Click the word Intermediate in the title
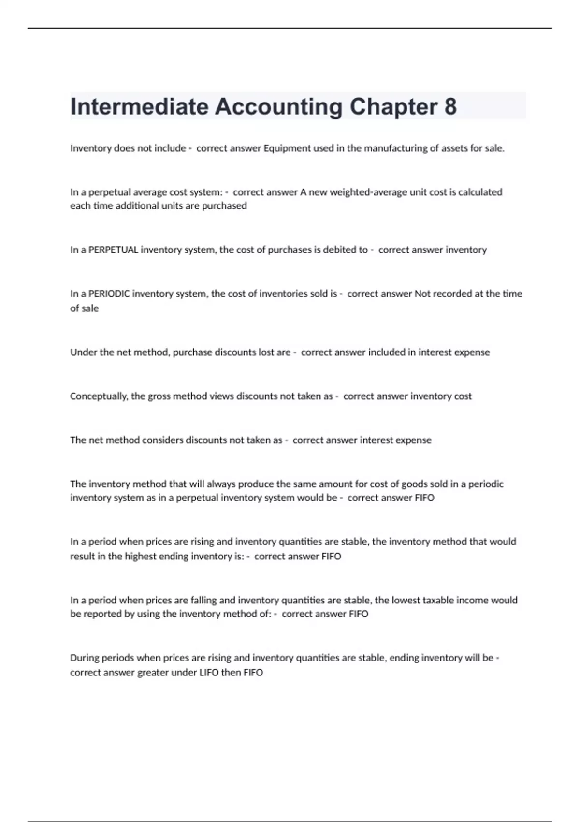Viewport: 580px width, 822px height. (139, 107)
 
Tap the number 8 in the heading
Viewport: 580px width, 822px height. (450, 107)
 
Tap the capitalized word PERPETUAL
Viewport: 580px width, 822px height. (114, 250)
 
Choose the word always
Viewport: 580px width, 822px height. (221, 484)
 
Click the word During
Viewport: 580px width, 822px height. (85, 658)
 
